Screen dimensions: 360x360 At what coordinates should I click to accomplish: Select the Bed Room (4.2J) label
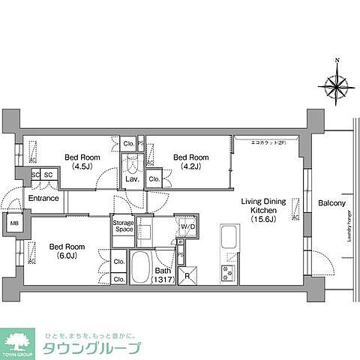(x=190, y=162)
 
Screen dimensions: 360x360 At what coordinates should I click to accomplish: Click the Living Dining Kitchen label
(x=259, y=211)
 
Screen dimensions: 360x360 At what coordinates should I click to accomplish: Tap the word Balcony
(x=331, y=202)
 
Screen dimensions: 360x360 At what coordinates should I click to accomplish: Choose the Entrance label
(x=44, y=198)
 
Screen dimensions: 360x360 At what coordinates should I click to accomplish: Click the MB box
(x=14, y=223)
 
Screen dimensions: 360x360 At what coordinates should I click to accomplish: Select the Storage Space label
(x=124, y=226)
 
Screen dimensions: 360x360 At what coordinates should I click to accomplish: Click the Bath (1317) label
(x=163, y=275)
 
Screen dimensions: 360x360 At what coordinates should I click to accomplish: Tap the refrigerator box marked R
(x=187, y=275)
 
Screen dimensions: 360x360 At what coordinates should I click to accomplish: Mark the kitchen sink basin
(x=228, y=241)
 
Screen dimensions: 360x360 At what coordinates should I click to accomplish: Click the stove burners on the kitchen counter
(x=228, y=273)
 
